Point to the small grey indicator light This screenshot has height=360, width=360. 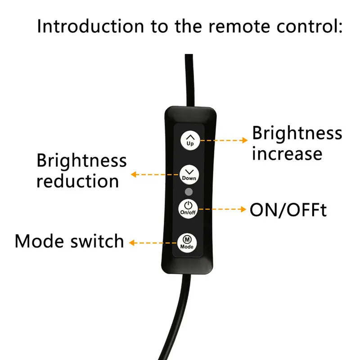coord(189,192)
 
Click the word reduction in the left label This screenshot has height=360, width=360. coord(77,181)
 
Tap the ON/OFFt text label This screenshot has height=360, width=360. coord(288,210)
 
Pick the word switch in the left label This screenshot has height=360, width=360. coord(97,241)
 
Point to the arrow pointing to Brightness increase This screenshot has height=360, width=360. coord(223,140)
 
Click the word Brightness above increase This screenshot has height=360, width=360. coord(297,134)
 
